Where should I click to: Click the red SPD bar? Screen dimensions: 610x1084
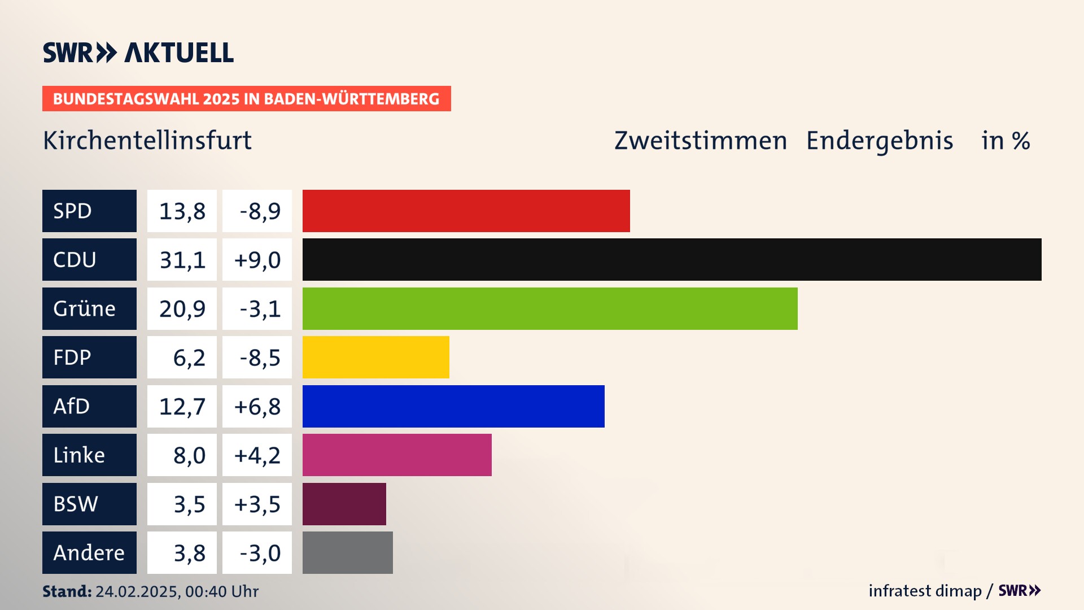tap(466, 211)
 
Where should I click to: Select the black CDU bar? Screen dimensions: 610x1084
tap(672, 260)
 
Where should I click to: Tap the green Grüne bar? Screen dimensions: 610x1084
tap(550, 308)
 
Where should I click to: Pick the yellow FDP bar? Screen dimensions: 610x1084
tap(375, 357)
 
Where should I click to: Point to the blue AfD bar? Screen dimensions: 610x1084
tap(453, 406)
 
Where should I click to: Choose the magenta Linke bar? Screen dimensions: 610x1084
tap(397, 455)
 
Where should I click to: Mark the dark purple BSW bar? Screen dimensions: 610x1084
tap(344, 504)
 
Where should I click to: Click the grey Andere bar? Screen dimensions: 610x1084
tap(348, 552)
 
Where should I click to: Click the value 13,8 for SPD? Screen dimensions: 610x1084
tap(182, 211)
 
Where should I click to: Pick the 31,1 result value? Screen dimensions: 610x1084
tap(182, 260)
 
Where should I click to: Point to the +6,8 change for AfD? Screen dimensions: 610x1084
tap(257, 407)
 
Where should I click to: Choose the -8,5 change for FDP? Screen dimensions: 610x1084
tap(260, 358)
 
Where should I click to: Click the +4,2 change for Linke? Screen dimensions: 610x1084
tap(257, 455)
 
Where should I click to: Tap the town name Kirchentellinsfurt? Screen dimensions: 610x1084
tap(147, 140)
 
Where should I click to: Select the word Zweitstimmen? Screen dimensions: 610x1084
tap(700, 140)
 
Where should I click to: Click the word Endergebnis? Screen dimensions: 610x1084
tap(879, 140)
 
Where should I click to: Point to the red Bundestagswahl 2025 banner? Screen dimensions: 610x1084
tap(246, 99)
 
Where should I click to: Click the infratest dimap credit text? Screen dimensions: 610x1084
tap(925, 591)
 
